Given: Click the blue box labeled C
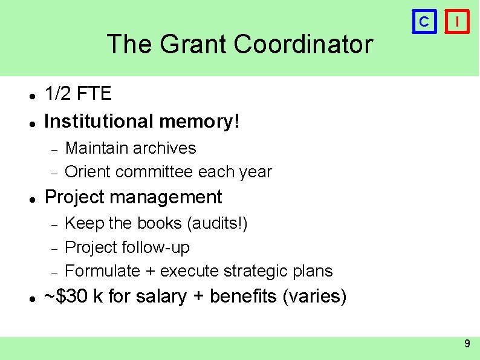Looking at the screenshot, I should pyautogui.click(x=424, y=22).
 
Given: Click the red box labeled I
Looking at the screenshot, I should pyautogui.click(x=459, y=22).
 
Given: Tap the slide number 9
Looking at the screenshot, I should pyautogui.click(x=467, y=344).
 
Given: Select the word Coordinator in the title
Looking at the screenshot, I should pyautogui.click(x=303, y=44).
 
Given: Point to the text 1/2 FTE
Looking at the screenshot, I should pyautogui.click(x=78, y=94).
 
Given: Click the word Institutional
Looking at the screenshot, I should pyautogui.click(x=99, y=122).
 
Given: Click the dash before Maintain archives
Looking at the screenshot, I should pyautogui.click(x=53, y=149).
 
